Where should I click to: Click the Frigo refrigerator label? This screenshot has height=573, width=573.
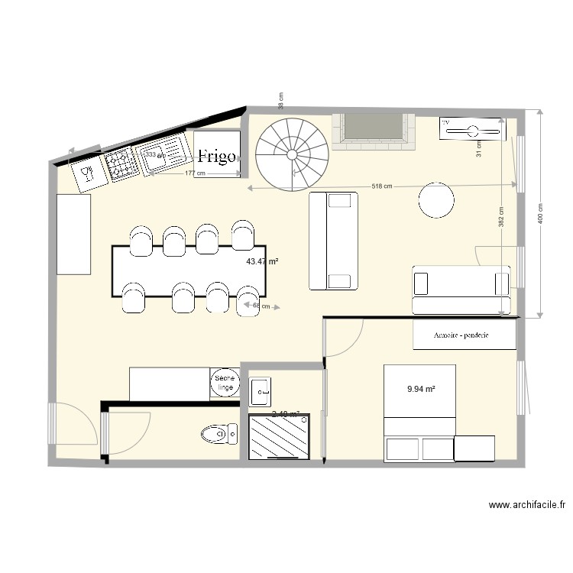pos(217,157)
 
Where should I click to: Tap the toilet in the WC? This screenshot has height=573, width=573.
pos(221,435)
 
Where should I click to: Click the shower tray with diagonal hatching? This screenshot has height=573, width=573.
pos(280,436)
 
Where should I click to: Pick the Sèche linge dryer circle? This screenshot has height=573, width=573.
pos(225,384)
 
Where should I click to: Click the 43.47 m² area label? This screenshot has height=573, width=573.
pos(262,261)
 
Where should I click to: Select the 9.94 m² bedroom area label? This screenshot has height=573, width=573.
pos(421,389)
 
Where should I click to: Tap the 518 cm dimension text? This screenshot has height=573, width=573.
pos(382,186)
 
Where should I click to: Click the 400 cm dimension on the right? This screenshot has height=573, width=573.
pos(540,214)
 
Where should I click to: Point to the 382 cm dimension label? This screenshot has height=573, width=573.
pos(501,222)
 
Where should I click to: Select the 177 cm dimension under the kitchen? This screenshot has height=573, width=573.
pos(196,173)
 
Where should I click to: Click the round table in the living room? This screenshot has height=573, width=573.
pos(436,200)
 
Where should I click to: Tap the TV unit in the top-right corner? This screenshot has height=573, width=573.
pos(472,130)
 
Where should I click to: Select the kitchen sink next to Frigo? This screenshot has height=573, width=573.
pos(166,153)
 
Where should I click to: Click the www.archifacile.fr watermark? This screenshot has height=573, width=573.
pos(526,505)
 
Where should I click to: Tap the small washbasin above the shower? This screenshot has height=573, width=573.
pos(260,390)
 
